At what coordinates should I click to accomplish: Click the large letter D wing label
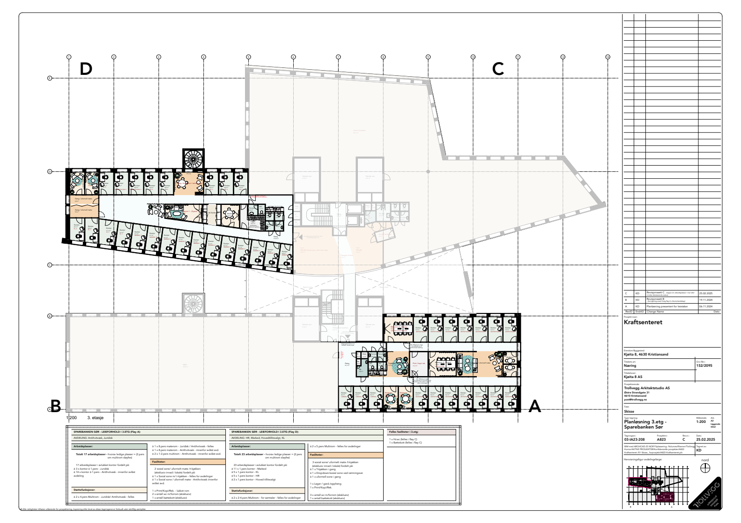[86, 69]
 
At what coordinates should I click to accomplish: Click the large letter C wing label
[497, 69]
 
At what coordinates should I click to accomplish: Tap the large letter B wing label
[56, 406]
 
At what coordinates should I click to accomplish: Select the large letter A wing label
[535, 407]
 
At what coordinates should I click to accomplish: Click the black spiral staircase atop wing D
[193, 159]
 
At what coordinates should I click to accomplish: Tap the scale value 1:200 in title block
[701, 421]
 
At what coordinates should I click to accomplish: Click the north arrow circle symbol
[705, 468]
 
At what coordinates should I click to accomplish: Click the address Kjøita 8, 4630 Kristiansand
[646, 354]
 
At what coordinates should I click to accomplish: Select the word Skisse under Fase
[630, 411]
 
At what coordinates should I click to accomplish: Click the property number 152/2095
[704, 366]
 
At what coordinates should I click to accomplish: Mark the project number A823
[661, 440]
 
